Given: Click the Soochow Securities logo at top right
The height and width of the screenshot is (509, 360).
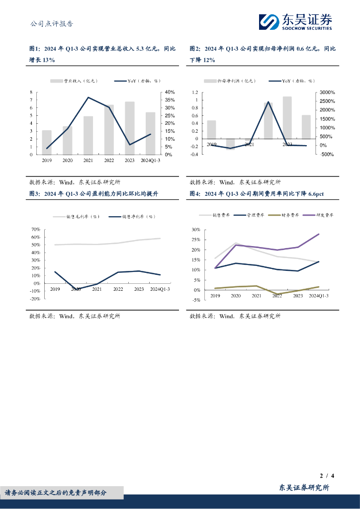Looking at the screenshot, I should point(295,21).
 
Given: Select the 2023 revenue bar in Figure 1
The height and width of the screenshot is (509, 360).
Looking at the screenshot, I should point(130,128).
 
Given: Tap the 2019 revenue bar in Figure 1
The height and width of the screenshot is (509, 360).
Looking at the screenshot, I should point(47,142).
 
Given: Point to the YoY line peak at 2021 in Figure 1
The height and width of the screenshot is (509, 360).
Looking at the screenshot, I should point(89,97).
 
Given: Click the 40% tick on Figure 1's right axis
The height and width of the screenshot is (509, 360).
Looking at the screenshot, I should point(170,92).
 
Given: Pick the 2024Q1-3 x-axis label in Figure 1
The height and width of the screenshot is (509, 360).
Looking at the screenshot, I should point(151,161).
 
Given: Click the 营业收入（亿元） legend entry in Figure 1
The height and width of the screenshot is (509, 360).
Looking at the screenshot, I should point(80,81).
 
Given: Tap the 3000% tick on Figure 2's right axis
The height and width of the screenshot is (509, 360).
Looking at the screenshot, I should point(327,92).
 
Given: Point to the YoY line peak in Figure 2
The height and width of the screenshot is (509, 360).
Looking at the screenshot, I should point(269,102).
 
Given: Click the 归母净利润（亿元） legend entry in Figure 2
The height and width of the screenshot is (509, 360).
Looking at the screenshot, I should point(234,81).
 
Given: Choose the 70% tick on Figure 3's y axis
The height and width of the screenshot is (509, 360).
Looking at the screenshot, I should point(36,230).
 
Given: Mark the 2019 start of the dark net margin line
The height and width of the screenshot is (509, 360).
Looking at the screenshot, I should point(55,272).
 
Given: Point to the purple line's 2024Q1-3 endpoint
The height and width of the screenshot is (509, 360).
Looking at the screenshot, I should point(319,234).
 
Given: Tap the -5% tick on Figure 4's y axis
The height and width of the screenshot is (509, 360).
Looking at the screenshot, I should point(195,300).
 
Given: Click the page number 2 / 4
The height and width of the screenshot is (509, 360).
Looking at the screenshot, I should point(326,476).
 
